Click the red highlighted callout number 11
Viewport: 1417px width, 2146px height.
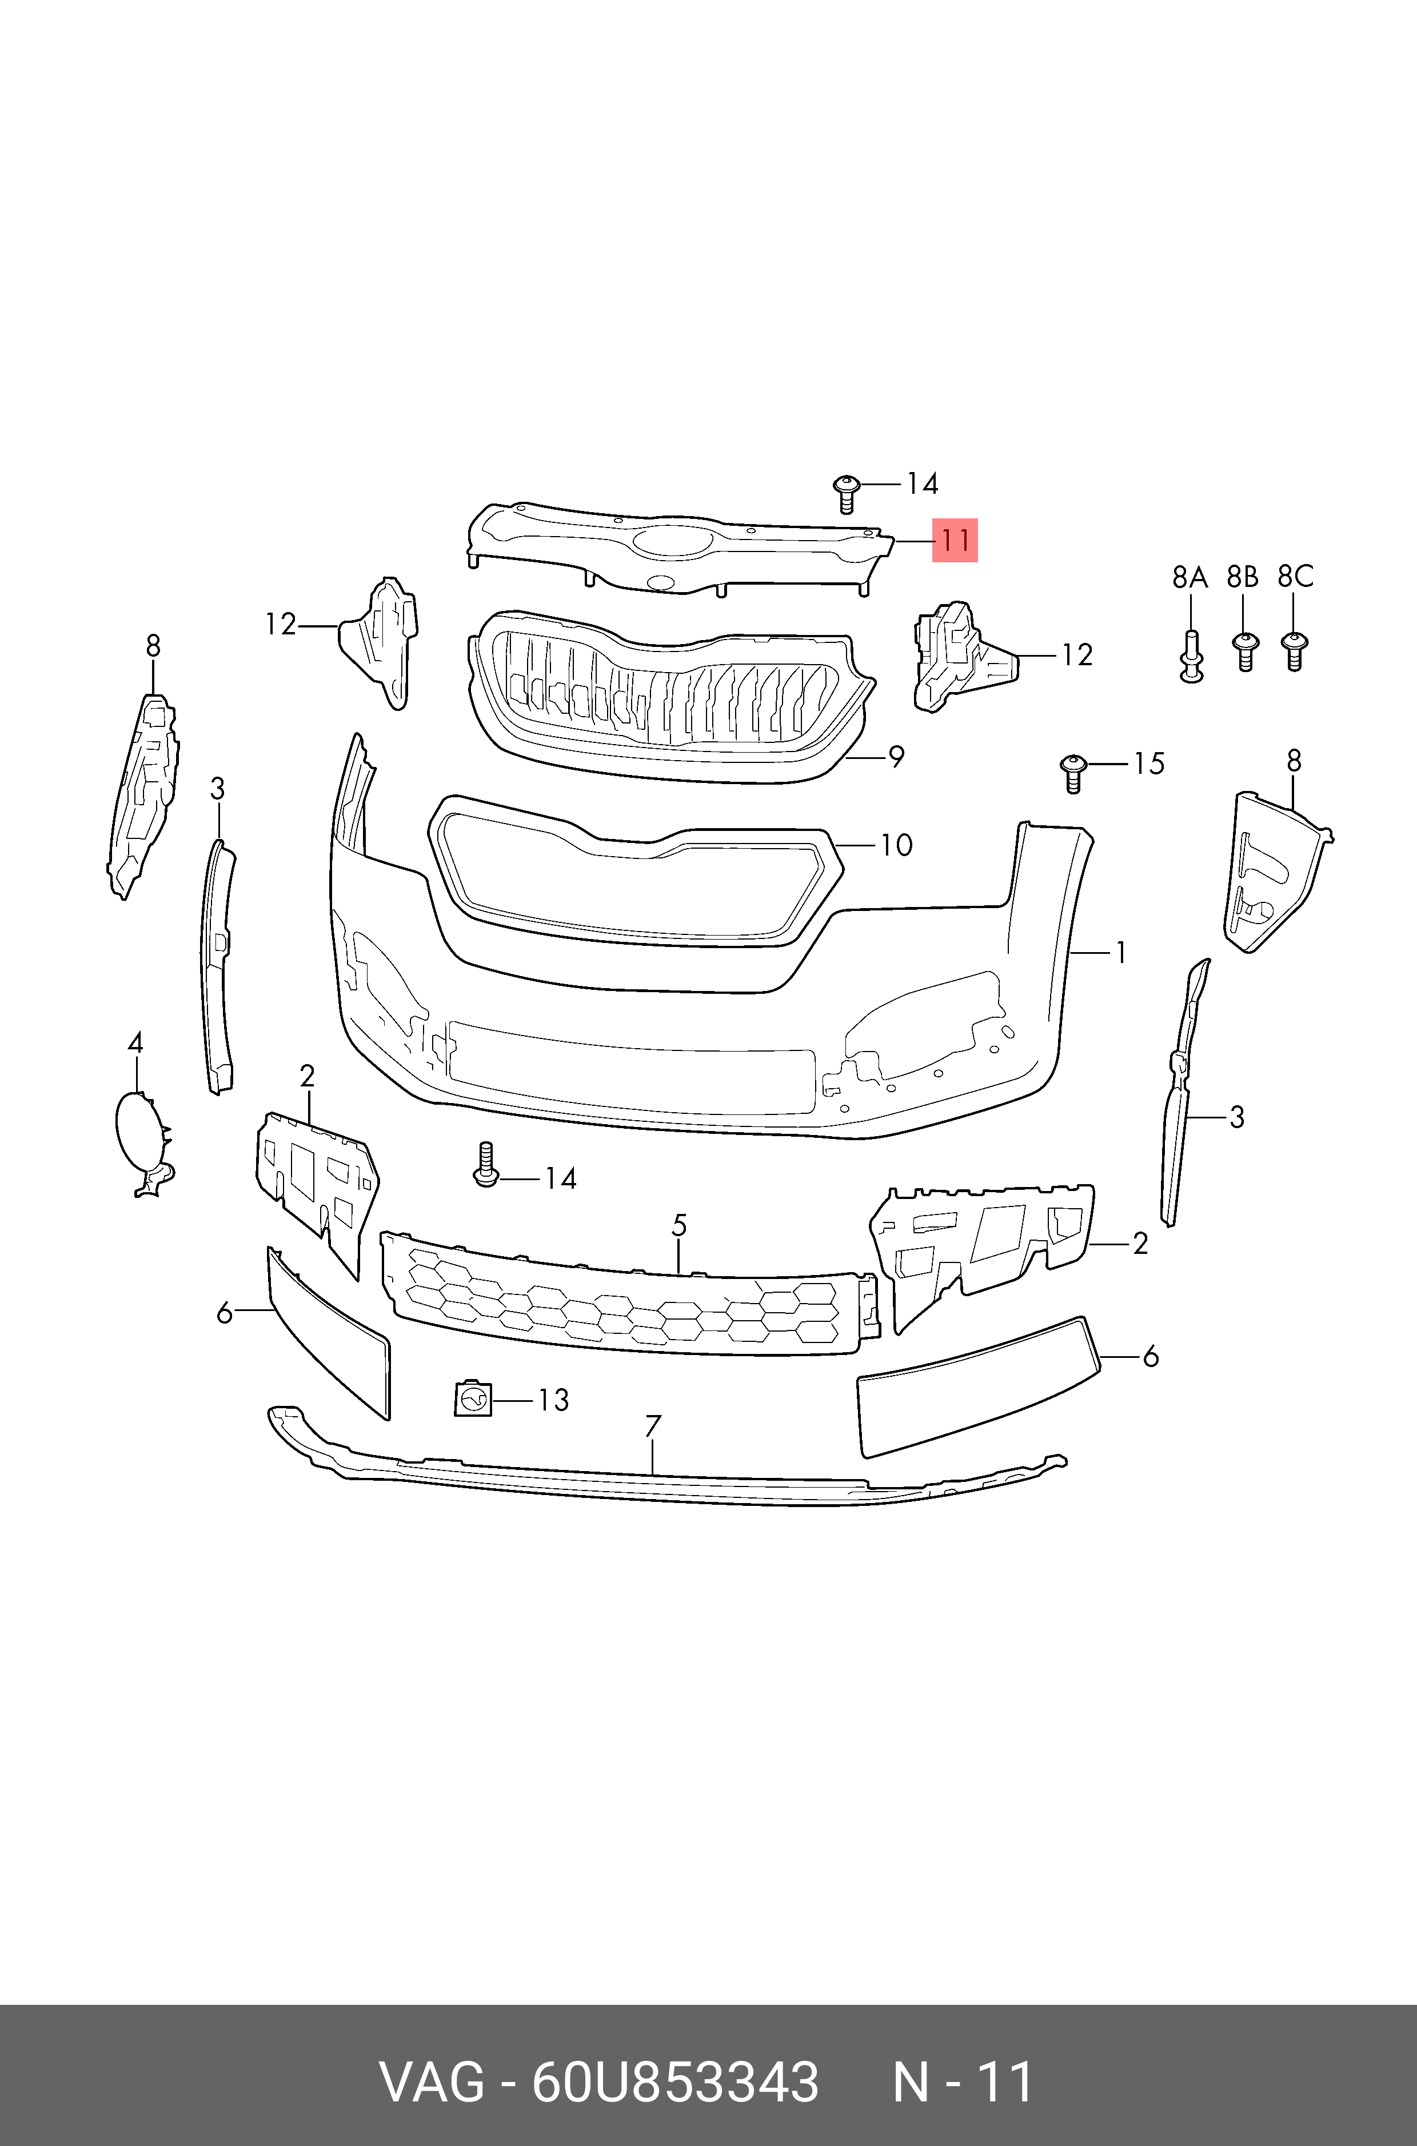click(955, 540)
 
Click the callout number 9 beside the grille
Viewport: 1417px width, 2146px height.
click(896, 756)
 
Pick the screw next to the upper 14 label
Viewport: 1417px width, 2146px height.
click(846, 491)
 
